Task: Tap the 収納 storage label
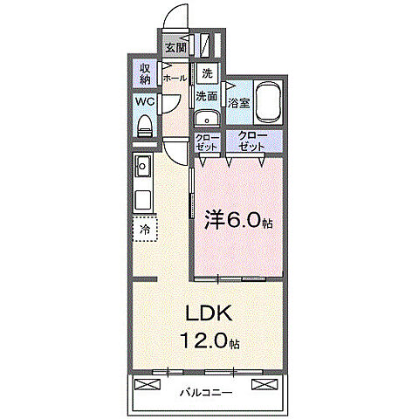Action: coord(144,74)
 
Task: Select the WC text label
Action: coord(144,101)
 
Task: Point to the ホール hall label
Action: coord(174,77)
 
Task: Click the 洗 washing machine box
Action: coord(207,73)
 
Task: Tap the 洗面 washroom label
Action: coord(207,96)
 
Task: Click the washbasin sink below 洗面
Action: coord(207,120)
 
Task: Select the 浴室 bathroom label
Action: coord(238,103)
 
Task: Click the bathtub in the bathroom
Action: coord(267,102)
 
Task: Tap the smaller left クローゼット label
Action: coord(207,142)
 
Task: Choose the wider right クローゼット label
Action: coord(254,142)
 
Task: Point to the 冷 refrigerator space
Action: coord(144,230)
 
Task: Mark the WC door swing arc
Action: coord(172,105)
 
